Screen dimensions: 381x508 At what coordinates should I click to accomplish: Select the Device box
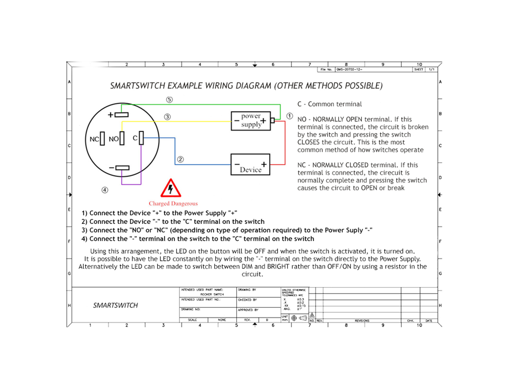point(250,165)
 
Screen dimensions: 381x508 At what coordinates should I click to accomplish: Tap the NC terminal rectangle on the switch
point(102,138)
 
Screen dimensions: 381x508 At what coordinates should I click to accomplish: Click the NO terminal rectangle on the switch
point(122,138)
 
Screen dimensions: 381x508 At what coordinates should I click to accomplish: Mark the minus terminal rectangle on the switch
point(122,168)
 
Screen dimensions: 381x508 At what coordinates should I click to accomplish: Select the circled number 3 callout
point(168,116)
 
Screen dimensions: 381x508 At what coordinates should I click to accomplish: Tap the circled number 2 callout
point(180,160)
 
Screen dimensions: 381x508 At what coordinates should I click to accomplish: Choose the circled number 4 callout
point(105,190)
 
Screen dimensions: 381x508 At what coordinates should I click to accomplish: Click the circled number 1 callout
point(290,115)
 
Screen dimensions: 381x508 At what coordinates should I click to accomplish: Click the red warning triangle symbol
point(171,188)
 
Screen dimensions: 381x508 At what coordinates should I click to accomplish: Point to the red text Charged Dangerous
point(173,204)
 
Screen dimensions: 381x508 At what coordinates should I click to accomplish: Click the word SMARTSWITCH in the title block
point(115,305)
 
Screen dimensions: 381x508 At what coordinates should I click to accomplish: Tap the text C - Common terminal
point(329,104)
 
